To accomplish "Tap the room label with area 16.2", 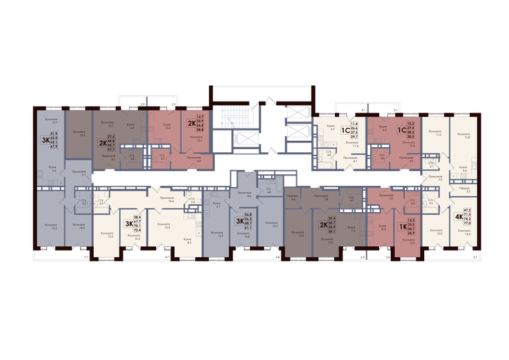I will [51, 226].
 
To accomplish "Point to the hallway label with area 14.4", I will [171, 200].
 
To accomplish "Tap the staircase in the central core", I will [228, 118].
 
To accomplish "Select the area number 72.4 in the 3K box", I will [136, 230].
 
